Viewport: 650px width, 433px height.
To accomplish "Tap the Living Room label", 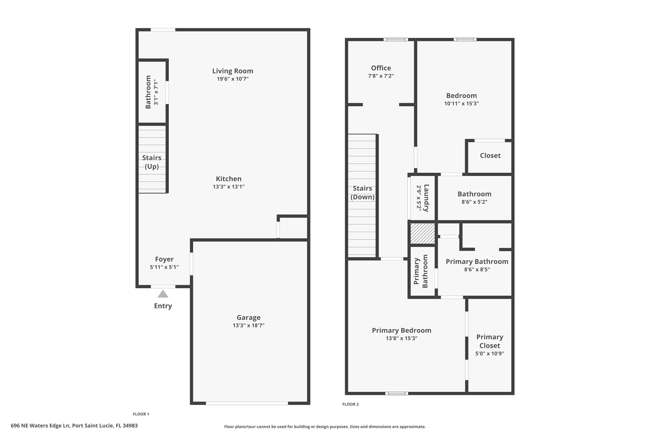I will (x=232, y=71).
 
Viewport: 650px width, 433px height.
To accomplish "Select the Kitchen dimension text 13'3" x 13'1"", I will (x=229, y=187).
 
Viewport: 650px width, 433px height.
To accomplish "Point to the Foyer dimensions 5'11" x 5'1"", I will (x=164, y=267).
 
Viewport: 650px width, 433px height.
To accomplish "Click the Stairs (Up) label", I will (x=152, y=162).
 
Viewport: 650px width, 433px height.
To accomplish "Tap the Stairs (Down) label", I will (x=362, y=193).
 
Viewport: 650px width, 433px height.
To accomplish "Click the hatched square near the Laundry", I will (x=422, y=234).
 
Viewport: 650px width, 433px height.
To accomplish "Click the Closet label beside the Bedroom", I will (x=490, y=155).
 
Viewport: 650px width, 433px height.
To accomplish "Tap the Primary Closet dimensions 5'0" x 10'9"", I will (x=489, y=354).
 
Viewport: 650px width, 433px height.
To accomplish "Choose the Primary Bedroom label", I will (x=401, y=330).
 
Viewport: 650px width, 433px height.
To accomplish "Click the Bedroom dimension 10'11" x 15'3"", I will (x=461, y=103).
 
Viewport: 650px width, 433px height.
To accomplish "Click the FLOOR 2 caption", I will (x=350, y=404).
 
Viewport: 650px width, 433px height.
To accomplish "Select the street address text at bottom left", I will (x=74, y=426).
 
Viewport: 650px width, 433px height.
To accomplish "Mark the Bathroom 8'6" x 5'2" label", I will (x=474, y=194).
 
